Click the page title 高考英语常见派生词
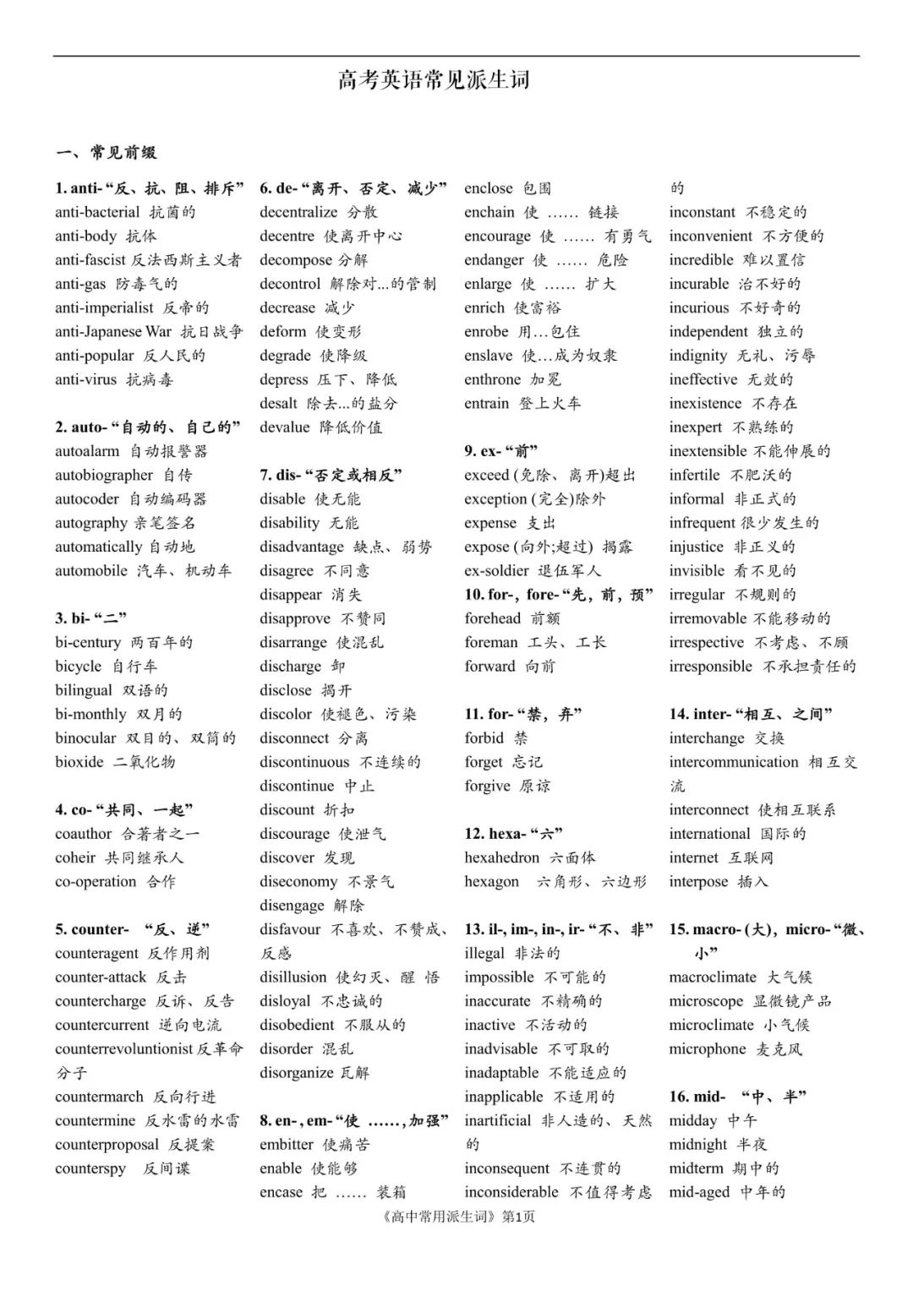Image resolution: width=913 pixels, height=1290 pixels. click(x=434, y=80)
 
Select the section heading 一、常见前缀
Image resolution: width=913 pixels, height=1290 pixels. click(x=107, y=153)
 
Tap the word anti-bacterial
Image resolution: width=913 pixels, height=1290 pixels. click(x=97, y=212)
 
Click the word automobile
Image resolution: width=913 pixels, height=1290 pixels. click(x=91, y=571)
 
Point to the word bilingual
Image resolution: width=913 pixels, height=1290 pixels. click(x=84, y=690)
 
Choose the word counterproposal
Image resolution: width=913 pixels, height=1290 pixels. click(x=107, y=1145)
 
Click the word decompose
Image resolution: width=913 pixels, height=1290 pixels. click(x=296, y=260)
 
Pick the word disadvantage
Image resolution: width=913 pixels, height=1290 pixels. click(x=302, y=547)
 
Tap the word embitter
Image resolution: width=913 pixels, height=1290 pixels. click(x=287, y=1145)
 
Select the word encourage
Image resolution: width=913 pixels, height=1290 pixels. click(x=497, y=237)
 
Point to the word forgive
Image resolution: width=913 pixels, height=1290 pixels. click(x=487, y=787)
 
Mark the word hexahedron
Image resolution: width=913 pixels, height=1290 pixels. click(x=501, y=858)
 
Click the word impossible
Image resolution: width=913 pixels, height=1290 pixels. click(x=499, y=977)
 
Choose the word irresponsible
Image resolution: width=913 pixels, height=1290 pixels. click(x=710, y=667)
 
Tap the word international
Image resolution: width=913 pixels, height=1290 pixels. click(x=709, y=834)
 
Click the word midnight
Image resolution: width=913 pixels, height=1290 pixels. click(x=697, y=1145)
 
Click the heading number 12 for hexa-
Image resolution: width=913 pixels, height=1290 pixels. click(x=473, y=834)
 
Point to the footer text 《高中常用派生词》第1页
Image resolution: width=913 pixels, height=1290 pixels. click(x=458, y=1217)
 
